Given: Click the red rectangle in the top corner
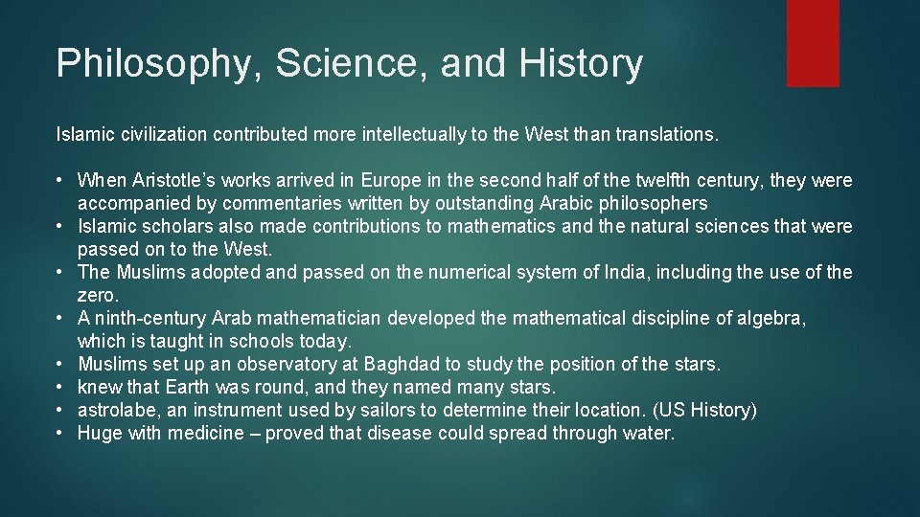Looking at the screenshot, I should pos(813,43).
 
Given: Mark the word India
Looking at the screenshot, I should pos(626,273).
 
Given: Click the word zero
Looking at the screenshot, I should pos(96,296).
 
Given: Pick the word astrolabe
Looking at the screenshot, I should pos(112,411).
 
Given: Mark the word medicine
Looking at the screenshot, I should pos(206,434).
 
